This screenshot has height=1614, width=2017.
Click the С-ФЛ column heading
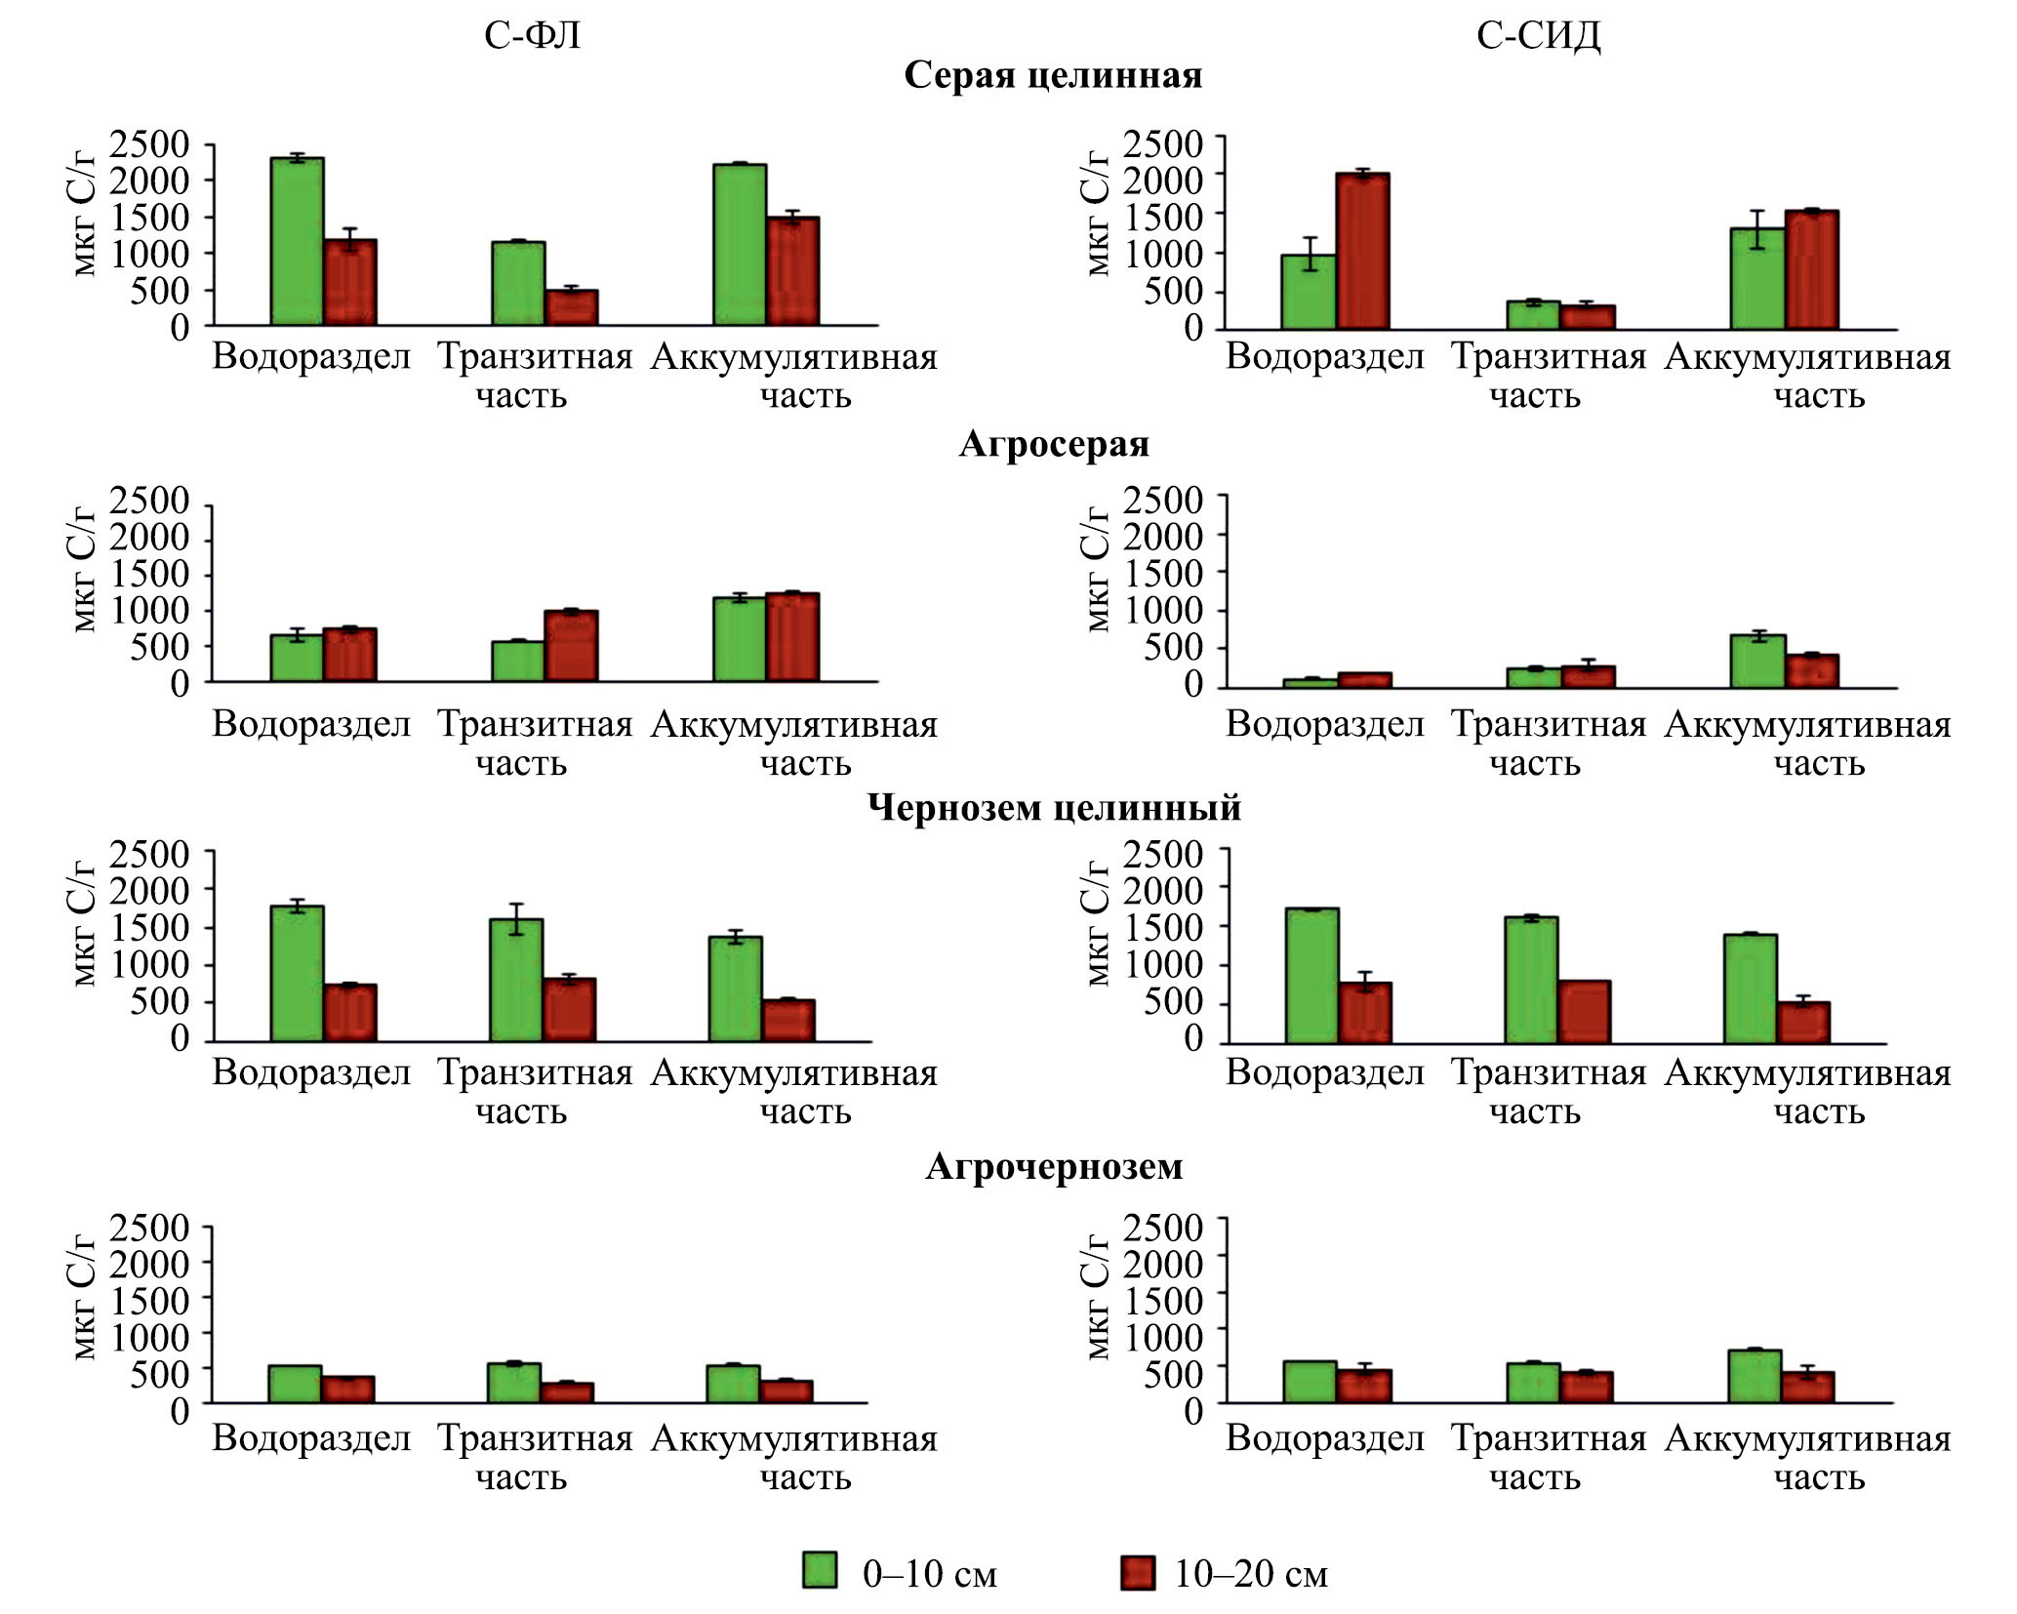pyautogui.click(x=532, y=36)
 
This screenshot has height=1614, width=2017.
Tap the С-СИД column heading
pyautogui.click(x=1538, y=36)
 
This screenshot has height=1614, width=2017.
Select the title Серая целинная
pyautogui.click(x=1053, y=75)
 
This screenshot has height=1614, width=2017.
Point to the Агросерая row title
pyautogui.click(x=1054, y=444)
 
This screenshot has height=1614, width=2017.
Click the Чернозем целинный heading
pyautogui.click(x=1054, y=808)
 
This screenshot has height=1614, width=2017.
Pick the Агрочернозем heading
pyautogui.click(x=1054, y=1166)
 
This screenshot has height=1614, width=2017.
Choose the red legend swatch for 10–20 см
pyautogui.click(x=1137, y=1573)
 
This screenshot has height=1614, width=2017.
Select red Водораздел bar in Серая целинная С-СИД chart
pyautogui.click(x=1363, y=251)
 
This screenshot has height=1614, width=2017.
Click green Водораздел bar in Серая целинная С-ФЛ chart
pyautogui.click(x=297, y=241)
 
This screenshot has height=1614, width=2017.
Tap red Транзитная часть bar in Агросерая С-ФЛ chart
pyautogui.click(x=571, y=646)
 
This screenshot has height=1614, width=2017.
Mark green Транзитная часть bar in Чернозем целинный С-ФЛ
pyautogui.click(x=516, y=980)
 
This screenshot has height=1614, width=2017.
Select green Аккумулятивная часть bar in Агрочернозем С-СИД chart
pyautogui.click(x=1755, y=1376)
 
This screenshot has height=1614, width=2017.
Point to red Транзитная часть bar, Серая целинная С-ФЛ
pyautogui.click(x=571, y=307)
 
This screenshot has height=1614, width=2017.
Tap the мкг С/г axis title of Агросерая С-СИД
pyautogui.click(x=1097, y=569)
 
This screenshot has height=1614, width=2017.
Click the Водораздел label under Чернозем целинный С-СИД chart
pyautogui.click(x=1324, y=1072)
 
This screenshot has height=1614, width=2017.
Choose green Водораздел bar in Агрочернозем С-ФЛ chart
pyautogui.click(x=295, y=1384)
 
